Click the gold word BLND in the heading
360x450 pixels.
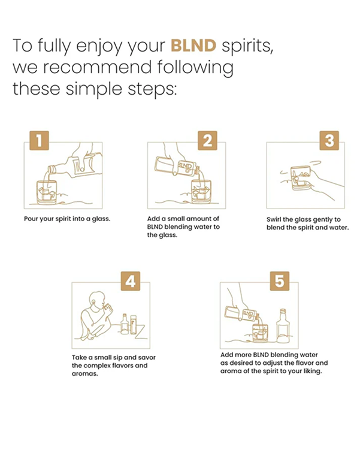point(193,46)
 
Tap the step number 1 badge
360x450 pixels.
point(40,140)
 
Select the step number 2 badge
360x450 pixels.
point(207,140)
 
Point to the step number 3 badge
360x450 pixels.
point(329,140)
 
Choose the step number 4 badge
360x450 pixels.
point(131,281)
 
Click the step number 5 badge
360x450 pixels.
point(279,281)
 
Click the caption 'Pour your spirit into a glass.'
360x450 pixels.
point(67,219)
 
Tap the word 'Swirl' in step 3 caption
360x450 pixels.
point(274,219)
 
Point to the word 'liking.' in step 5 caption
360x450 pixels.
point(313,372)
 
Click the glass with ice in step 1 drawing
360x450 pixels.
point(47,192)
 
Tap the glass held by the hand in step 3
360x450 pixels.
point(301,178)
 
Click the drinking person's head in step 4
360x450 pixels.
point(97,300)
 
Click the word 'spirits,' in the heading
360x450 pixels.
point(247,47)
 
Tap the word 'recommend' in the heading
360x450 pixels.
point(97,67)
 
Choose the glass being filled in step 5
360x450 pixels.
point(261,333)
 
